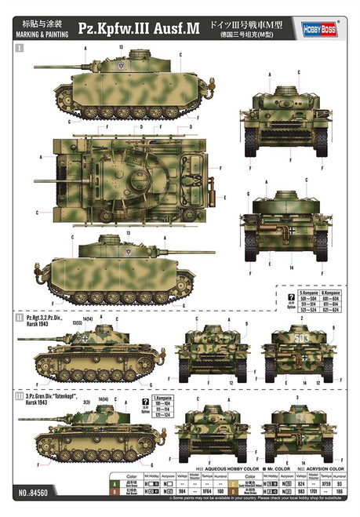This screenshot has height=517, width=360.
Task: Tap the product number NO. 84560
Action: tap(30, 502)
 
